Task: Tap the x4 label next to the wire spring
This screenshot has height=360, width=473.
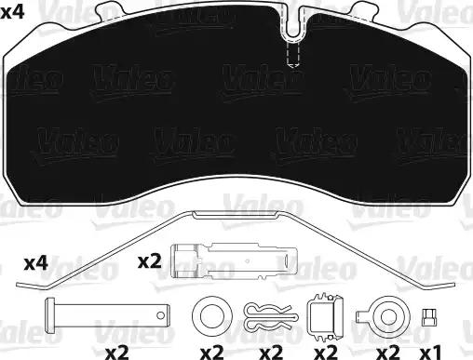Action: pos(35,264)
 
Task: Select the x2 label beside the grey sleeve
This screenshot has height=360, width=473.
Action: pos(152,261)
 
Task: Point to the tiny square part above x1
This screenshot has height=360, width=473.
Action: pos(429,315)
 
